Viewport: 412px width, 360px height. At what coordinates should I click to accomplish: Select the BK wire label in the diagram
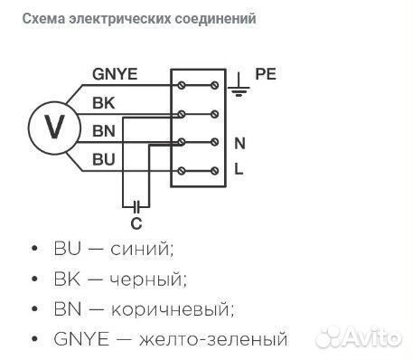pos(103,104)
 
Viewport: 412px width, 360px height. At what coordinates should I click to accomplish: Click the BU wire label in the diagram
pos(103,159)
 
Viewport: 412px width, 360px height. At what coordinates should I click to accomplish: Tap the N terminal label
pos(240,143)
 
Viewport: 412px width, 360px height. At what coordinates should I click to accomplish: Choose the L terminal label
pos(239,169)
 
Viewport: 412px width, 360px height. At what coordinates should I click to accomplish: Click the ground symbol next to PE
pos(239,83)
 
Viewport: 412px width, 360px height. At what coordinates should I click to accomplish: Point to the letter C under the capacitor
pos(136,223)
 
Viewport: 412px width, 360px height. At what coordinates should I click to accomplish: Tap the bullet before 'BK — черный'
pos(33,279)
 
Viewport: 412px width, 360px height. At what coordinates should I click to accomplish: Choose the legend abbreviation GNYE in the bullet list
pos(80,340)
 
